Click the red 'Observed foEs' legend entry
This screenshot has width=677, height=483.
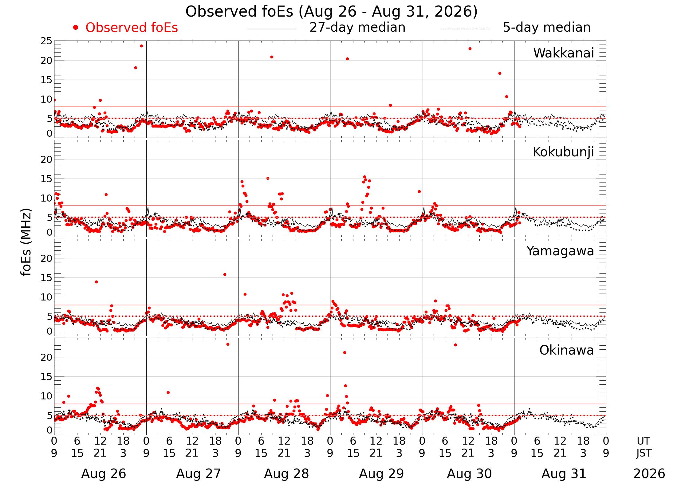click(132, 28)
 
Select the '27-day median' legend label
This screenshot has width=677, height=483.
click(357, 27)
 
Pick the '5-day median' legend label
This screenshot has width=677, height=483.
click(547, 27)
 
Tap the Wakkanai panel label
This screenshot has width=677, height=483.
click(564, 53)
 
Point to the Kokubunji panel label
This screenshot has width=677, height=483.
click(563, 152)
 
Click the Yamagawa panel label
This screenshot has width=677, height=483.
click(560, 251)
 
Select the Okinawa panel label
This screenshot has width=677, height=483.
click(567, 350)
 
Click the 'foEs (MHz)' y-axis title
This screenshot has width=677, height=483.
click(26, 242)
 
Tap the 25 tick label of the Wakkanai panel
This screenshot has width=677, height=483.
click(46, 41)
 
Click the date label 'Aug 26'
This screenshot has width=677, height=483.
click(104, 474)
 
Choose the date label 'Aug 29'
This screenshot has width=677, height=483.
click(381, 474)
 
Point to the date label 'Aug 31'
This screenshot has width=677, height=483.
click(564, 474)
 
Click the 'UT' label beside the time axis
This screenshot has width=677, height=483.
click(643, 441)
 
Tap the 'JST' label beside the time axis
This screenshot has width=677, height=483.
click(644, 453)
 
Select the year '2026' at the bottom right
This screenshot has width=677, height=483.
click(649, 474)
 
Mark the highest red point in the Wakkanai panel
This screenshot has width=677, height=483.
click(141, 46)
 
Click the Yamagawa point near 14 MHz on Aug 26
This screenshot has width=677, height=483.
click(96, 282)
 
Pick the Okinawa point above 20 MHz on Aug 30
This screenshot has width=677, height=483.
click(455, 345)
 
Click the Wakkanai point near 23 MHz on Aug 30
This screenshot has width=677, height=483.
click(470, 49)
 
